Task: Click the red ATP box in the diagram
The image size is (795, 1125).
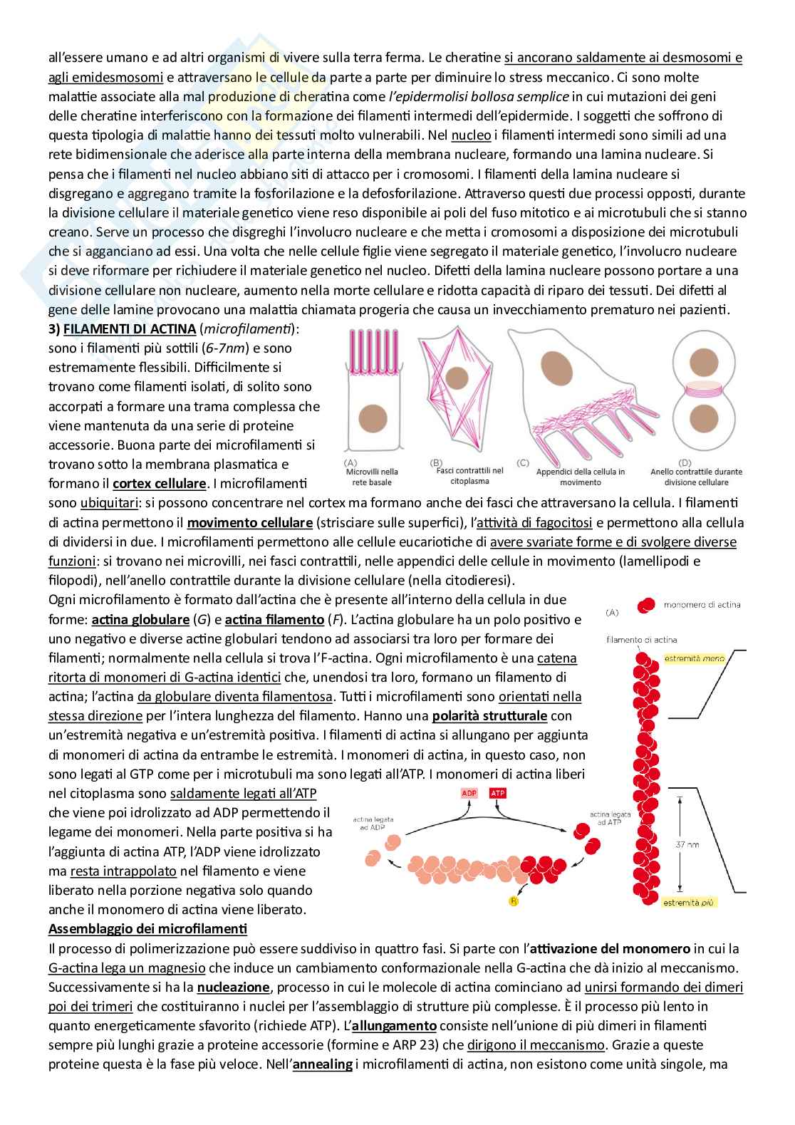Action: pos(497,794)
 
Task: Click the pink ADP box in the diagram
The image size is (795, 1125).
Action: pos(469,794)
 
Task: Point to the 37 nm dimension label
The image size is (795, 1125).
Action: pos(690,844)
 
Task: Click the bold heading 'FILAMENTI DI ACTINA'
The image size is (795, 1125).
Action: pos(130,329)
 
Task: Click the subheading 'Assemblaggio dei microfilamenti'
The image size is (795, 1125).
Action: pos(147,930)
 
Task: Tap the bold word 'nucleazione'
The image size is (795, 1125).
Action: pos(233,987)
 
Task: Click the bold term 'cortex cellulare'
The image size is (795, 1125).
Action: pos(159,484)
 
